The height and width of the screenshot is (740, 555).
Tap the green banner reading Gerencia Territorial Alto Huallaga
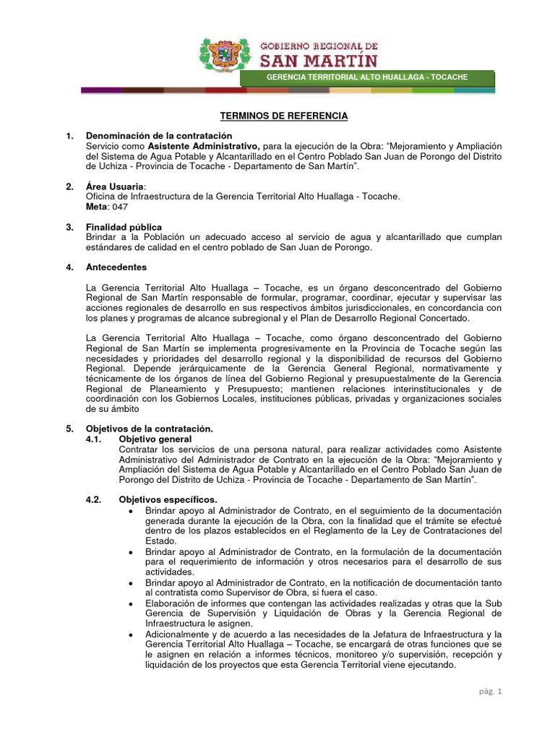point(367,77)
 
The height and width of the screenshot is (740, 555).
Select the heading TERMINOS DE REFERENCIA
point(284,116)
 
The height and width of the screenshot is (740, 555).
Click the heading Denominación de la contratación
point(159,136)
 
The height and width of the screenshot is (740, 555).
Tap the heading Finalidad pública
point(124,227)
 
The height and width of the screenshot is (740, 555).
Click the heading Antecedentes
point(116,267)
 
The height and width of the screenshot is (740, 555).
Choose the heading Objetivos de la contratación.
point(150,429)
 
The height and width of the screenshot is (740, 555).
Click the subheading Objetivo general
point(155,439)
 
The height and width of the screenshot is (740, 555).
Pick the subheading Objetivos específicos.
point(168,499)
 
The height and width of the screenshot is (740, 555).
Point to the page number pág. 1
point(490,691)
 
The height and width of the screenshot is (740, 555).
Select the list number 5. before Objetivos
point(69,429)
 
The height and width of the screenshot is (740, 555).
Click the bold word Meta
point(97,207)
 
